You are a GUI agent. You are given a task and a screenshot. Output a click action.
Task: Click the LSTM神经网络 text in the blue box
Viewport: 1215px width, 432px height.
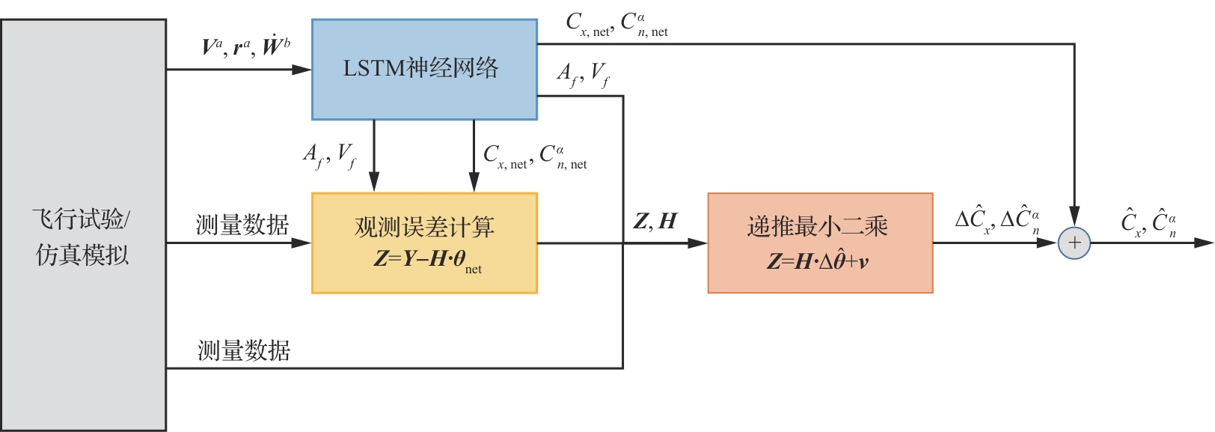[420, 69]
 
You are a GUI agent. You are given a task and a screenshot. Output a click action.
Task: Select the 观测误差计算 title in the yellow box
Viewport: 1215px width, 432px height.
[424, 227]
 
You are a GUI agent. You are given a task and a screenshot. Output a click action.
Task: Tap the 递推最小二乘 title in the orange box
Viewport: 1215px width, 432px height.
[817, 226]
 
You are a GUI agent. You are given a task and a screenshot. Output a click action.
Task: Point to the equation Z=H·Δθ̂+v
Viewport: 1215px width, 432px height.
[817, 261]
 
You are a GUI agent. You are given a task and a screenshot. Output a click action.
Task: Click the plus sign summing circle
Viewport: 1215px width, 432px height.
[1074, 243]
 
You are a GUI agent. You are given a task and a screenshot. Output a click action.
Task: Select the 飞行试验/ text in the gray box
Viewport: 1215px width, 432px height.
[82, 219]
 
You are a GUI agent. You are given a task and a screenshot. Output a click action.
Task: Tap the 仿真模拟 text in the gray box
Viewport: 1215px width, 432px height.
[82, 255]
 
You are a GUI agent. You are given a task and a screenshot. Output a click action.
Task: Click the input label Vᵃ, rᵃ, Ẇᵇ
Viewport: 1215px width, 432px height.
[245, 46]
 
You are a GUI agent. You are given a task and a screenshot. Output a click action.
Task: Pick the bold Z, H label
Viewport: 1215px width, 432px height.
[655, 222]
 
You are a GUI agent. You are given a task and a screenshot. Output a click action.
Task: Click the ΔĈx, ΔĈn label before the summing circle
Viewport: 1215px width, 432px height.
[997, 220]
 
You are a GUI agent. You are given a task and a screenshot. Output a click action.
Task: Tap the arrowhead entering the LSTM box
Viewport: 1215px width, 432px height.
[302, 70]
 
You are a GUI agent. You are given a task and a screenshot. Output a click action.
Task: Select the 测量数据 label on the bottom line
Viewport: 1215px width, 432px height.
[244, 350]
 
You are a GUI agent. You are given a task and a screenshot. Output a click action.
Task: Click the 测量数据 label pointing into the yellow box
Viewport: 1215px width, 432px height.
[242, 225]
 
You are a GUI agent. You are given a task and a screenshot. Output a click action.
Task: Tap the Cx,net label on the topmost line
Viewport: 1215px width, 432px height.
[590, 25]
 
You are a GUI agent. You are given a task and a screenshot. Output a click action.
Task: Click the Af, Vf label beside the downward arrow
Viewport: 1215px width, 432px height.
[329, 156]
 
